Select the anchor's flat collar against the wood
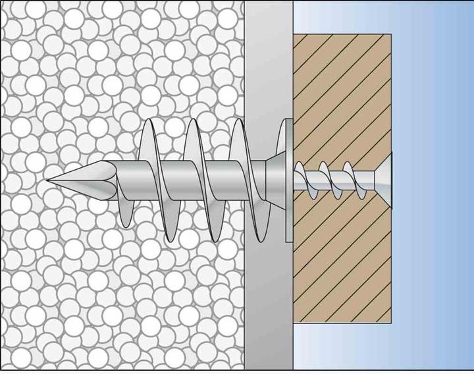coord(288,178)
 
